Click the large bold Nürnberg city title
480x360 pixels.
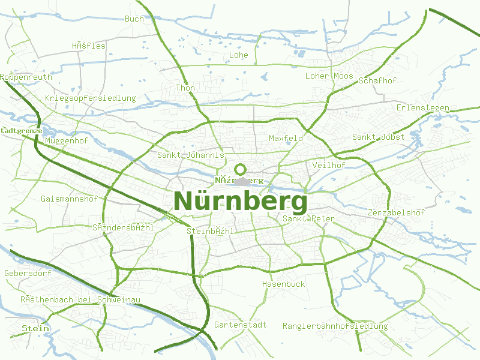coord(240,200)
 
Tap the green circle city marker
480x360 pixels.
coord(241,169)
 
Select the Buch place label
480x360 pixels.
coord(134,19)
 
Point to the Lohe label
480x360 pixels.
coord(239,55)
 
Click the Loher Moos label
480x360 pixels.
coord(329,76)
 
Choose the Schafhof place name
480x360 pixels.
coord(377,80)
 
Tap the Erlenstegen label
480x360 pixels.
coord(423,108)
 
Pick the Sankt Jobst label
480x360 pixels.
coord(379,137)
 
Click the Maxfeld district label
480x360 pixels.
coord(286,138)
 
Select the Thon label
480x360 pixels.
coord(185,88)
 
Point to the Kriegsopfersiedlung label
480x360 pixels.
coord(91,98)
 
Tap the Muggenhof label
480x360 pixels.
coord(67,140)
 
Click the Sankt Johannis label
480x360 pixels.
coord(190,155)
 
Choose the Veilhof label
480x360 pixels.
coord(329,165)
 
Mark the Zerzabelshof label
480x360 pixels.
coord(396,212)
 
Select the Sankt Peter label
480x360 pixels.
coord(308,218)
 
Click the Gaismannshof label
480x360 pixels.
coord(69,198)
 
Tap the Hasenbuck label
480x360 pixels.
coord(283,284)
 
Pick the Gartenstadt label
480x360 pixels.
coord(240,325)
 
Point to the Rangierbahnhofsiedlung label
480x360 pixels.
coord(335,326)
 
